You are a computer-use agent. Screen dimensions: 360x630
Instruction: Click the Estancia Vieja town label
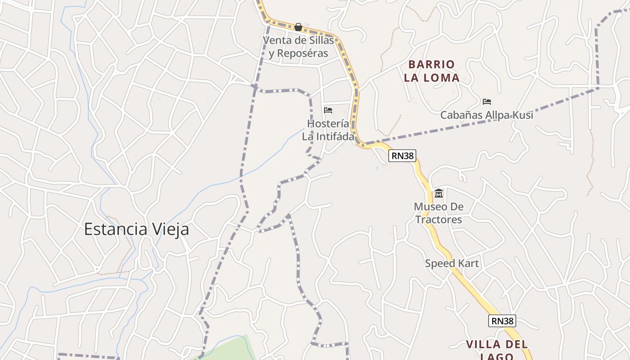coord(136,229)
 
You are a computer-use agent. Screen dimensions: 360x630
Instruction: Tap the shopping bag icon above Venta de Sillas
coord(298,27)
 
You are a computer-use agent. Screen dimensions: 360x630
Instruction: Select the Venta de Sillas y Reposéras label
coord(298,47)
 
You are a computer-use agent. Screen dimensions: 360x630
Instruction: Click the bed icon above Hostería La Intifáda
coord(328,110)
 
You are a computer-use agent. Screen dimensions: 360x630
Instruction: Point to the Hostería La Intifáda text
coord(328,130)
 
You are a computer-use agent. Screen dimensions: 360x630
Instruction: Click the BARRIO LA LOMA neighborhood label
coord(432,71)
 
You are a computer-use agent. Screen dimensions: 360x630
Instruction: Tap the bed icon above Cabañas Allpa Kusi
coord(486,102)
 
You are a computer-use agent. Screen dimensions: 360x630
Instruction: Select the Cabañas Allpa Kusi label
coord(486,115)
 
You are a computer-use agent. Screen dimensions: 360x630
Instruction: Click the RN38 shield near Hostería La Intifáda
coord(402,156)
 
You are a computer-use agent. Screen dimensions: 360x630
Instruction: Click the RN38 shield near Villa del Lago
coord(502,321)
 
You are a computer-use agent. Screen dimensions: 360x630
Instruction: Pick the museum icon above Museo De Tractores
coord(439,194)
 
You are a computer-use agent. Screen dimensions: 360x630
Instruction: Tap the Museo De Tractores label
coord(439,213)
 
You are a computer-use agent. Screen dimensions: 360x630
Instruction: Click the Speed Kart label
coord(452,263)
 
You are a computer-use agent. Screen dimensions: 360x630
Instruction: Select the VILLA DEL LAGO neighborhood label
coord(496,351)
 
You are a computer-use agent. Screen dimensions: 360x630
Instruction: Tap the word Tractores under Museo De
coord(439,220)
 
